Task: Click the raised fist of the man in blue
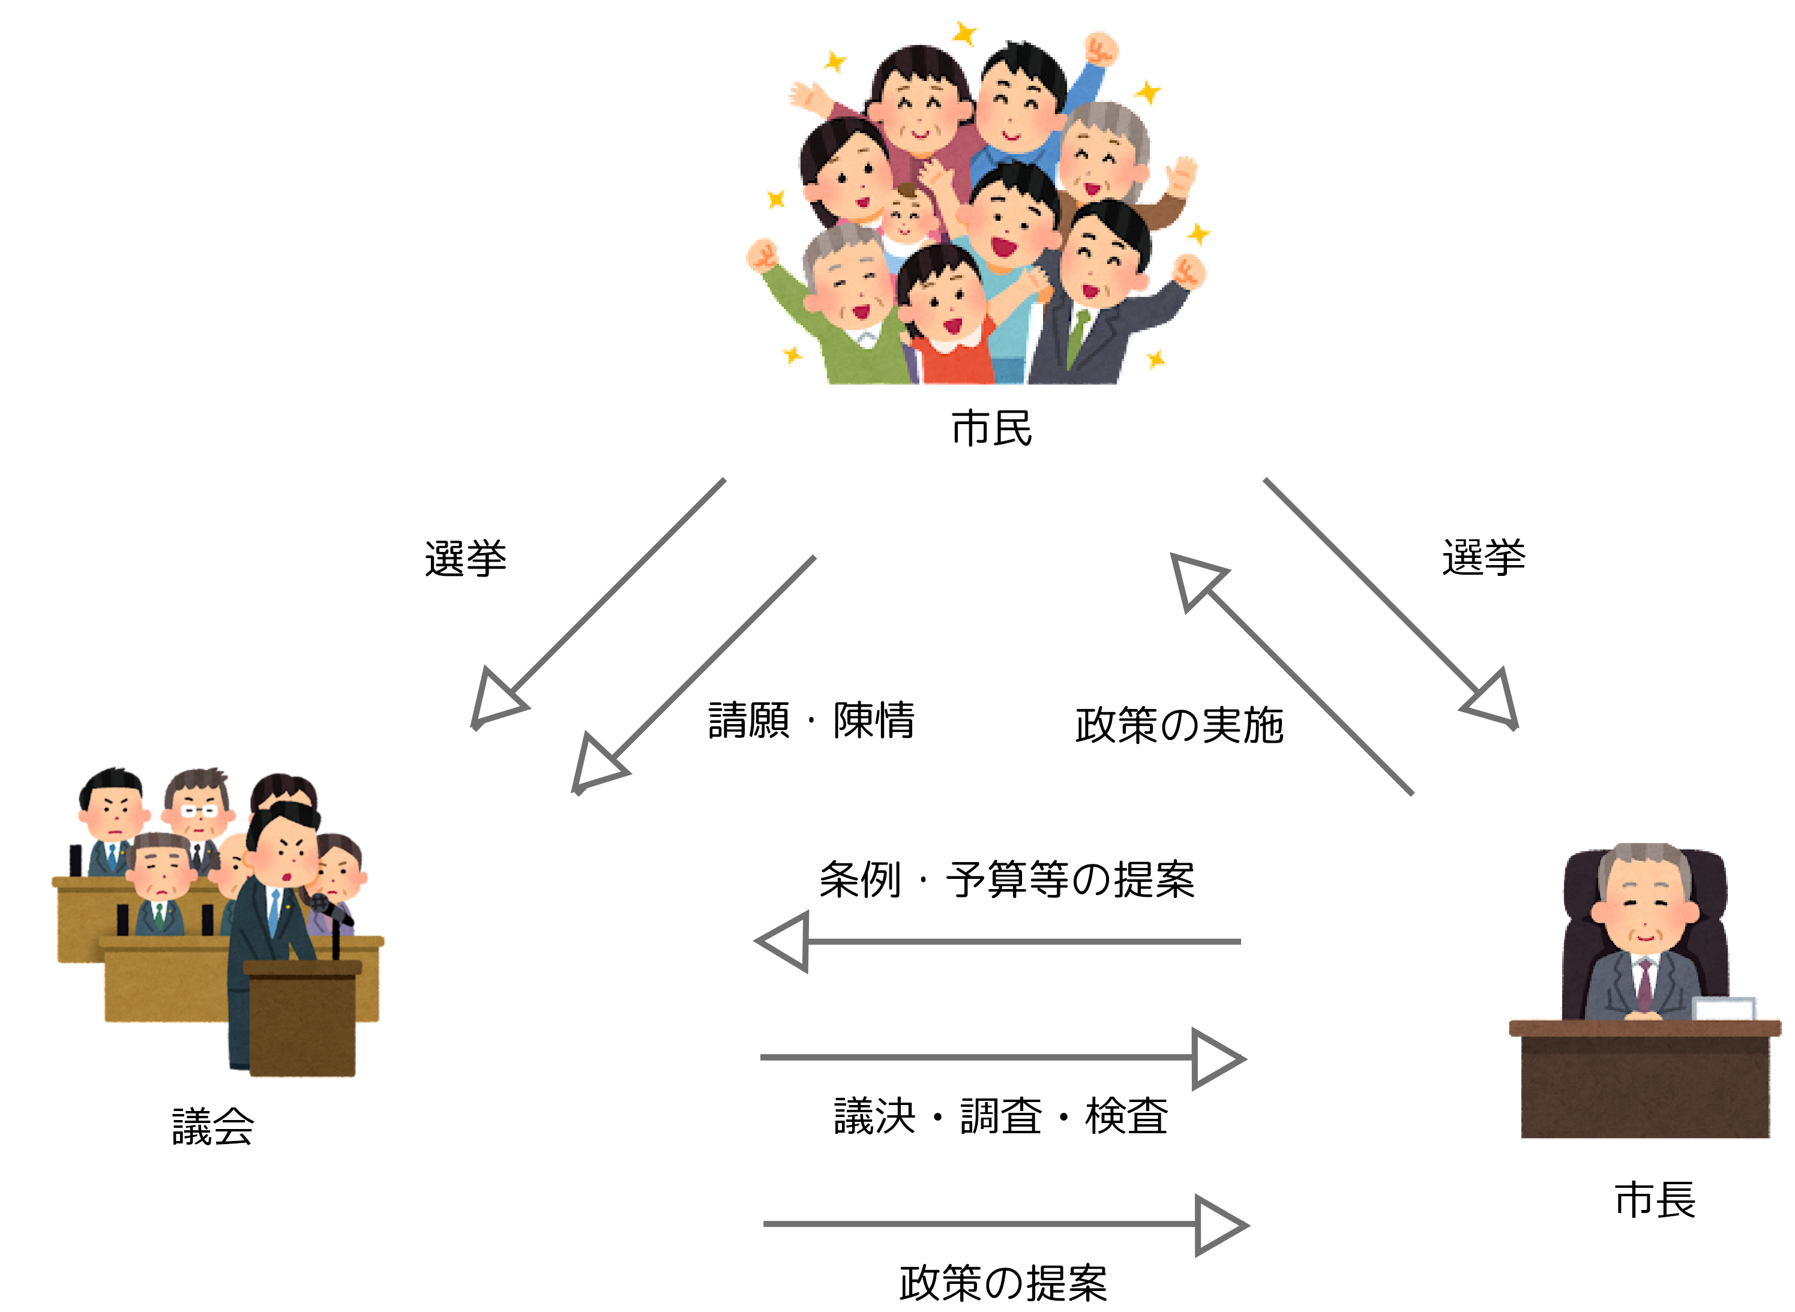(x=1100, y=49)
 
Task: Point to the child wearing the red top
(x=945, y=318)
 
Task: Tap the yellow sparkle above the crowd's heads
(x=965, y=34)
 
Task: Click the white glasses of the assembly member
(x=199, y=811)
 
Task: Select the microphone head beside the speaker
(x=319, y=903)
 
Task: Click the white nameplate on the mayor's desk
(x=1724, y=1008)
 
